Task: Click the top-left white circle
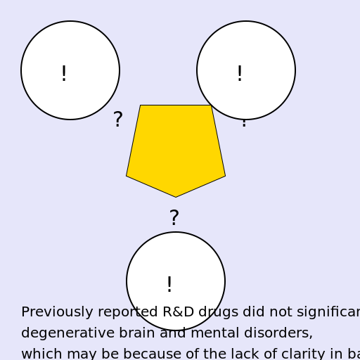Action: (70, 70)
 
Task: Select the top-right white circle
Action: (246, 70)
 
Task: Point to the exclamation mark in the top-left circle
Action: (64, 74)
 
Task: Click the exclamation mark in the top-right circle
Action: (240, 74)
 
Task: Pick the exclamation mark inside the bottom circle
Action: (169, 285)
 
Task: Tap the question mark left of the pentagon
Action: (118, 120)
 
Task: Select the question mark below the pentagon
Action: (174, 219)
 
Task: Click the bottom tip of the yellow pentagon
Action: (176, 196)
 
